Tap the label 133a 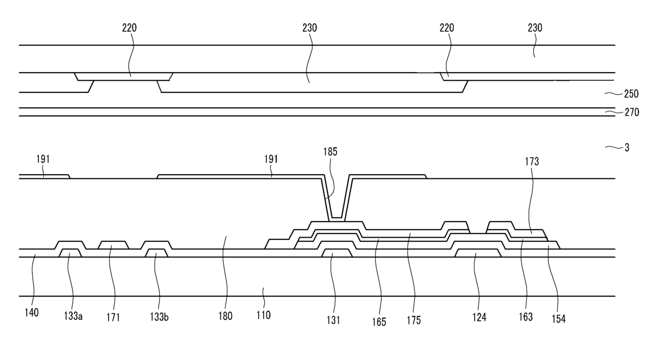pyautogui.click(x=73, y=317)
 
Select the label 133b pyautogui.click(x=159, y=317)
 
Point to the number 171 pyautogui.click(x=113, y=318)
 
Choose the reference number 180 pyautogui.click(x=225, y=316)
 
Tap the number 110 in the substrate pyautogui.click(x=263, y=315)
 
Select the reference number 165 pyautogui.click(x=380, y=322)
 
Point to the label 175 pyautogui.click(x=413, y=320)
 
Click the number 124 pyautogui.click(x=479, y=318)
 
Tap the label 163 pyautogui.click(x=525, y=317)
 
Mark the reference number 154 pyautogui.click(x=558, y=319)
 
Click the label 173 pyautogui.click(x=532, y=161)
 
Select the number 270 pyautogui.click(x=632, y=112)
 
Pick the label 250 pyautogui.click(x=632, y=93)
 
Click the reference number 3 pyautogui.click(x=627, y=147)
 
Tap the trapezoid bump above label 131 pyautogui.click(x=337, y=253)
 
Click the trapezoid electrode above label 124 pyautogui.click(x=478, y=253)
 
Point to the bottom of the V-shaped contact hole pyautogui.click(x=336, y=216)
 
